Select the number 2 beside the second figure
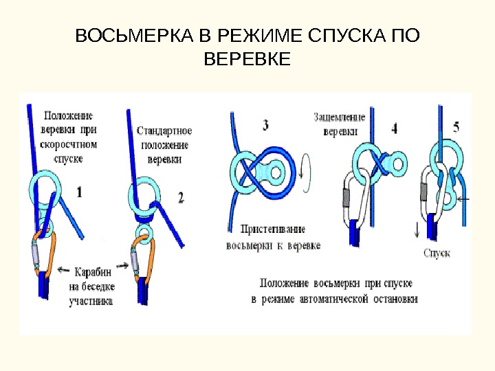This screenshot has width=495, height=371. coord(181,198)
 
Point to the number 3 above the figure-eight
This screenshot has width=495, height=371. coord(265,126)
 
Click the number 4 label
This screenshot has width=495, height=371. coord(394,128)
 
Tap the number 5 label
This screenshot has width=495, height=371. coord(457,126)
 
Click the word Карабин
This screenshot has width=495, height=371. coord(91,271)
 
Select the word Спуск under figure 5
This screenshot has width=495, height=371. coord(437,254)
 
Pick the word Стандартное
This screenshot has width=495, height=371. coord(164,131)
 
